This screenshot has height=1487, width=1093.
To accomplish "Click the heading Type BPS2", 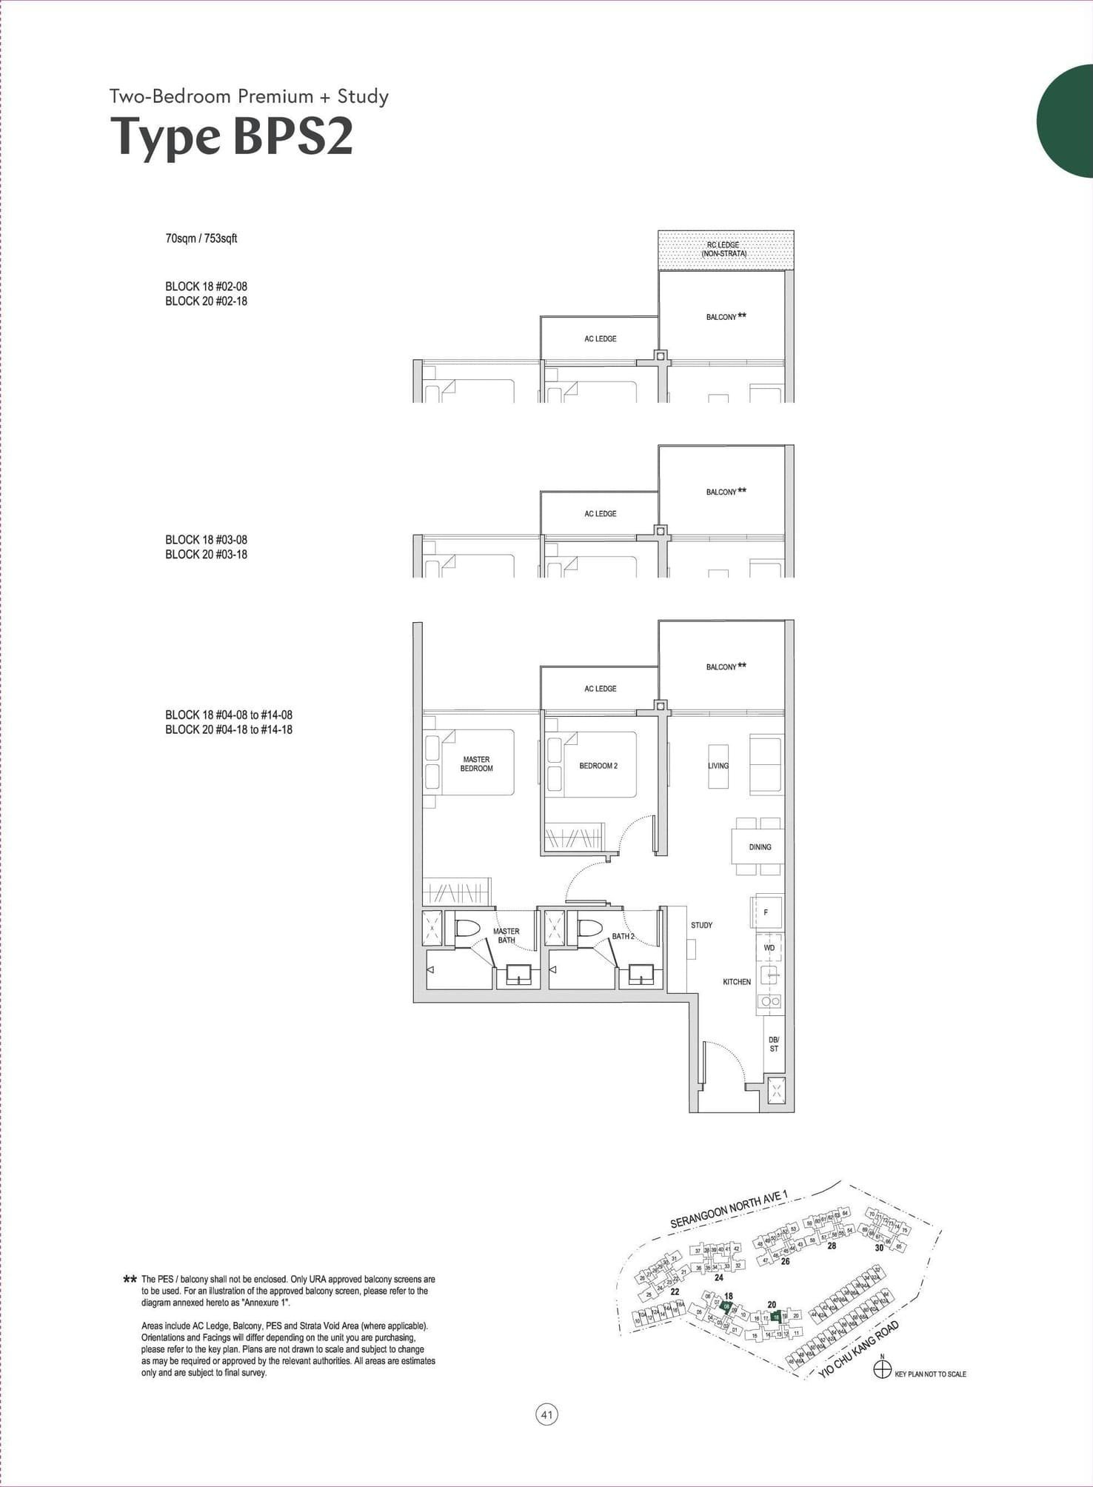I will coord(232,137).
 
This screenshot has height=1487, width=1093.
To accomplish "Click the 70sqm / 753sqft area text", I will coord(201,238).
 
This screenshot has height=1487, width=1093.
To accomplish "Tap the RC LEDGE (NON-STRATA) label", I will coord(723,249).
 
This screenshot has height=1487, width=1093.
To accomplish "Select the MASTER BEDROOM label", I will coord(476,763).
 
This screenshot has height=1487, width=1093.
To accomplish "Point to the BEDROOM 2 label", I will coord(598,766).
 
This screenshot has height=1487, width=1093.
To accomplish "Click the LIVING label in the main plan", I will coord(718,766).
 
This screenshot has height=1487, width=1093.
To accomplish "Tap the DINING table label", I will coord(760,846).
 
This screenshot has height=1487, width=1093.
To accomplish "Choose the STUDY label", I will coord(701,925).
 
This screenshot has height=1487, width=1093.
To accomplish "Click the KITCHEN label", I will coord(737,982).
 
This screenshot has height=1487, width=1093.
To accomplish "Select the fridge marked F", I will coord(766,912).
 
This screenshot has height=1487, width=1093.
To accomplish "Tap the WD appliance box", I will coord(769,948).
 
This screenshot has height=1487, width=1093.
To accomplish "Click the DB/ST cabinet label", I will coord(774,1044).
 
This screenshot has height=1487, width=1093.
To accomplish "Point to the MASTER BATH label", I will coord(507,935).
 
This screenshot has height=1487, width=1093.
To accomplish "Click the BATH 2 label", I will coord(623,936).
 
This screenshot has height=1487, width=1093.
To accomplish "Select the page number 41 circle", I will coord(546,1415).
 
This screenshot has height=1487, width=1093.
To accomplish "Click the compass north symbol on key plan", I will coord(882,1370).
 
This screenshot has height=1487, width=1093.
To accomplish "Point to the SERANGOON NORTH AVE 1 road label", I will coord(729,1209).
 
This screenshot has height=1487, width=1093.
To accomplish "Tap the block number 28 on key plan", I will coord(832,1246).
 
